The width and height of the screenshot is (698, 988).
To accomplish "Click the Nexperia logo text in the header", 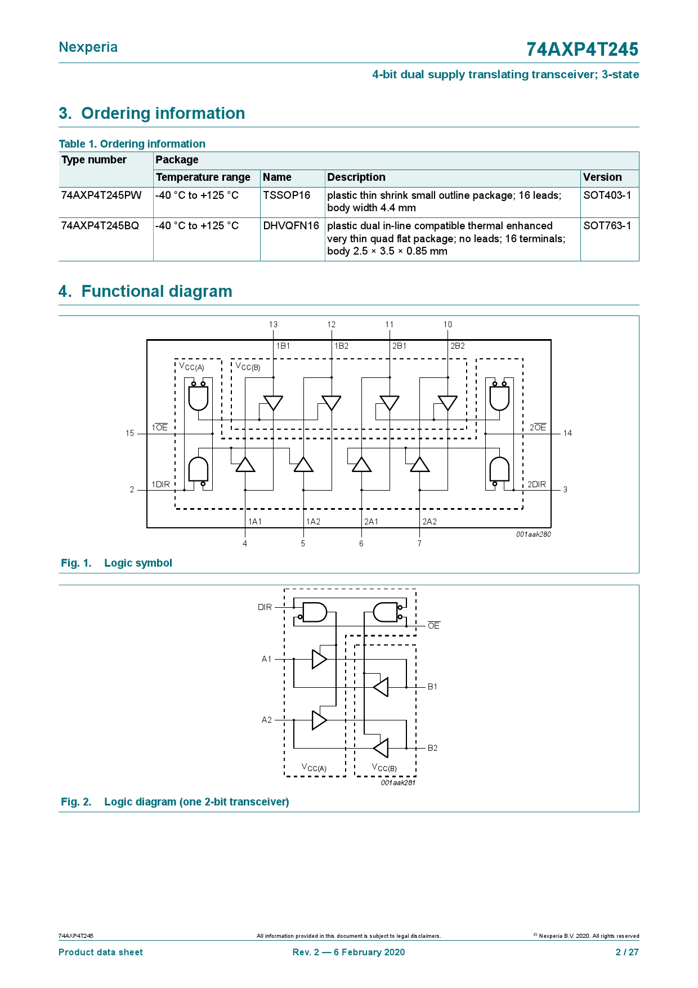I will coord(88,47).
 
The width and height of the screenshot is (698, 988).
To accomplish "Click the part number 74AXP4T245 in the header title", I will coord(582,50).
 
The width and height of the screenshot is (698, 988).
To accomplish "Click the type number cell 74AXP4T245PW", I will coord(101,195).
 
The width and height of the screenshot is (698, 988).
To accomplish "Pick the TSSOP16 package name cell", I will coord(287,195).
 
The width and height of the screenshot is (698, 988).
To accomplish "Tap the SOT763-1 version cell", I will coord(607,226).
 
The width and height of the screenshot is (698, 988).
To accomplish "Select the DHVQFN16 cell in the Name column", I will coord(291,226).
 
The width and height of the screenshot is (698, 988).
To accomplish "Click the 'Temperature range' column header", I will coord(203,177).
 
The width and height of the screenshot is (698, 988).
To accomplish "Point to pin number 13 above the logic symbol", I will coord(273,324).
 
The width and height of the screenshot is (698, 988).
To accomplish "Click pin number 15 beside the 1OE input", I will coord(130,433).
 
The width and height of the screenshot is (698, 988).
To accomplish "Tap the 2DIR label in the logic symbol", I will coord(536,484).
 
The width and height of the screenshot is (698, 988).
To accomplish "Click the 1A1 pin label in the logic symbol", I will coord(255,522).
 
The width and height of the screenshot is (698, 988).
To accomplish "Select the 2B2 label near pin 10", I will coord(458,346).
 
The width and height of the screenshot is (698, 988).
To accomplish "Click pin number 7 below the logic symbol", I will coord(419,544).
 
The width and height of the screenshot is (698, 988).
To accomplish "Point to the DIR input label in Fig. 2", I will coord(265,607).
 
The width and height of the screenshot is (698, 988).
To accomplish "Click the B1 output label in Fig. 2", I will coord(432,687).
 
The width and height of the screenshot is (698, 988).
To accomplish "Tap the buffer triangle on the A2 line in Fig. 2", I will coord(319,720).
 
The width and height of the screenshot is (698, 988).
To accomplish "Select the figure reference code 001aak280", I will coord(533,534).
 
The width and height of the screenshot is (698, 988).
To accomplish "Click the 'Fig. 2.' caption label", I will coord(76,802).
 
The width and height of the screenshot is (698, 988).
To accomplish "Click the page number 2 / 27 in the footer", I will coord(627,952).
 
